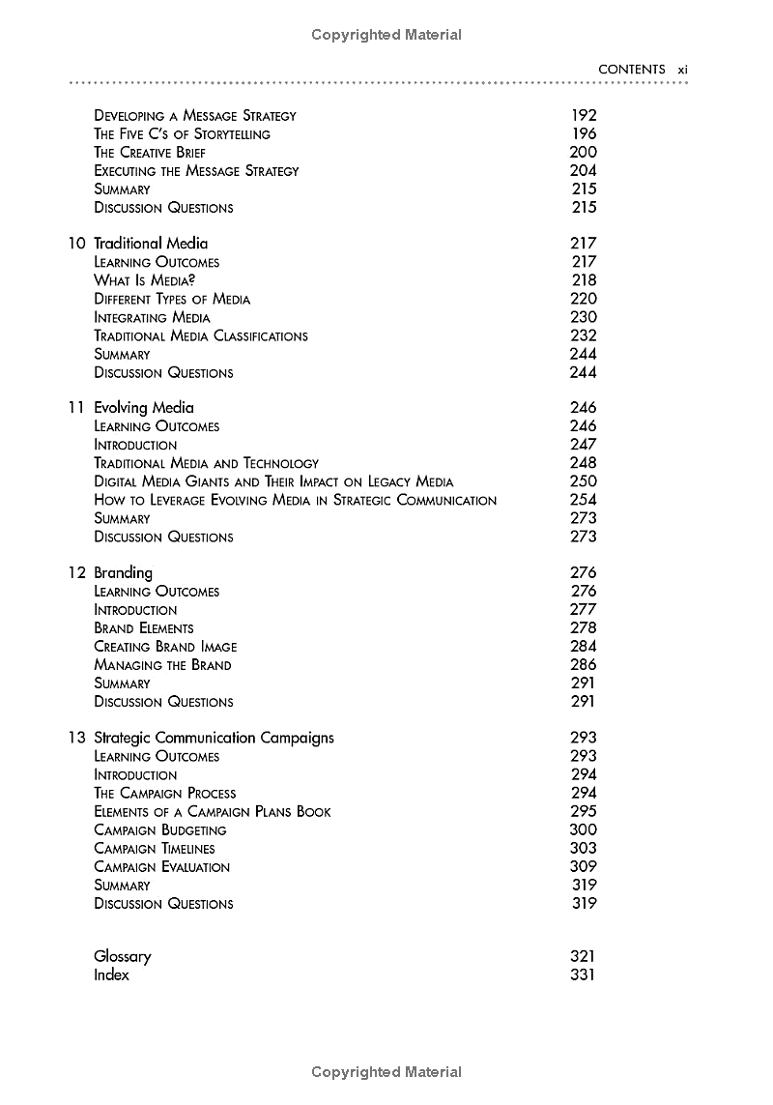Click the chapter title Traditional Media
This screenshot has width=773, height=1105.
150,244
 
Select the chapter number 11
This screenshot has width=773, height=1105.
76,408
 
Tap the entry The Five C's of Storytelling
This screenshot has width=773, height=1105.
182,134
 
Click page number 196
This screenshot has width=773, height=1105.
584,133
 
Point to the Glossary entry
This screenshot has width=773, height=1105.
122,957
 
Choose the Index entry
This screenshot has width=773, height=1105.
111,975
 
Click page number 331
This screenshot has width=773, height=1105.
584,974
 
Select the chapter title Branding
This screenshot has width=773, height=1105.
123,573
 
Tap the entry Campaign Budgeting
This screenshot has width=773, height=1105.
159,830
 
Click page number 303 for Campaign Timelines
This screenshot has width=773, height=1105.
584,848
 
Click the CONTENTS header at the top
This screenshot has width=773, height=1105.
631,70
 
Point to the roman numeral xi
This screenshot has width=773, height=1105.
681,70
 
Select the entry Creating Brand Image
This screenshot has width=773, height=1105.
164,647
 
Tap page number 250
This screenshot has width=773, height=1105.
584,480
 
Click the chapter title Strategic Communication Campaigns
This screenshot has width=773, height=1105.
214,738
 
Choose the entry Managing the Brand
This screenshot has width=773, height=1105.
162,665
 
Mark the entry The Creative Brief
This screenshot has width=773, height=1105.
149,153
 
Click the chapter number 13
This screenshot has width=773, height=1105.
76,738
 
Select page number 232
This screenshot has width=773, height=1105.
584,335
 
